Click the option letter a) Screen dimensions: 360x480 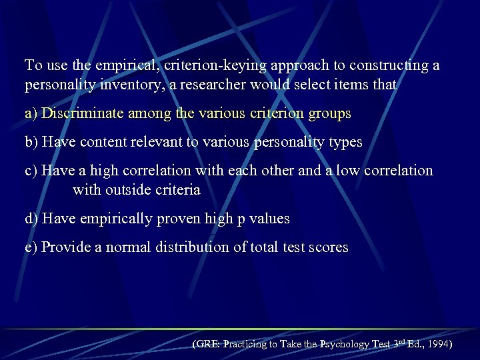(x=31, y=113)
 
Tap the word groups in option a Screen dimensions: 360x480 (x=329, y=113)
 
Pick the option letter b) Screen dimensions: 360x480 (x=32, y=142)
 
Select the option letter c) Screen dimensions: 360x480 (x=31, y=171)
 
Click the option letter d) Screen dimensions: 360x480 (x=32, y=218)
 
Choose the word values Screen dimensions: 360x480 (x=268, y=218)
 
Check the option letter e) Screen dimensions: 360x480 (x=31, y=247)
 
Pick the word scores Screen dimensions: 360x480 (x=329, y=247)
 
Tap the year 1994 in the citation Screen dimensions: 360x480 (x=437, y=345)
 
